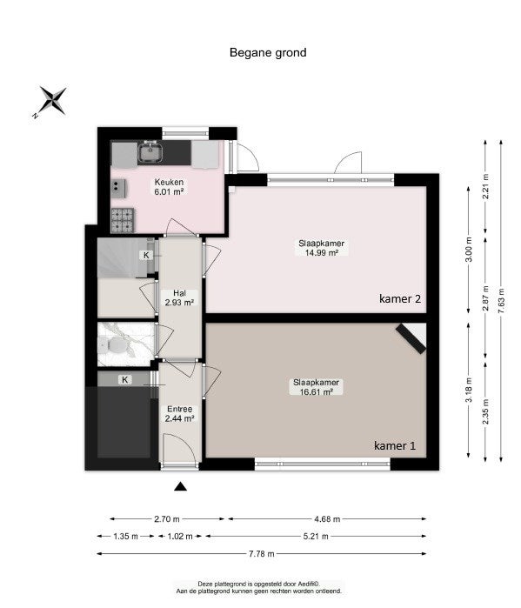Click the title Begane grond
point(268,52)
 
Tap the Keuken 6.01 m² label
point(169,186)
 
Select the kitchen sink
point(150,151)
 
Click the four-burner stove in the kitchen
point(123,220)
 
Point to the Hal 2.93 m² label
point(179,297)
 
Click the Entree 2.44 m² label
point(179,413)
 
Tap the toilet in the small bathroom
point(112,344)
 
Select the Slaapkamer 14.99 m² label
point(321,248)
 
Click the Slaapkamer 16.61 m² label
point(316,387)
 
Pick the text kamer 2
point(400,298)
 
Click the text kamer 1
point(395,445)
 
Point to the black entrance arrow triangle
point(180,486)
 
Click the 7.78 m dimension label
point(262,554)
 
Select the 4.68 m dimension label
point(327,518)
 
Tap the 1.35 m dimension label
point(125,537)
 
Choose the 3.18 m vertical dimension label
point(469,390)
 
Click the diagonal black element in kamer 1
point(411,339)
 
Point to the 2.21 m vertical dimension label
point(485,186)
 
